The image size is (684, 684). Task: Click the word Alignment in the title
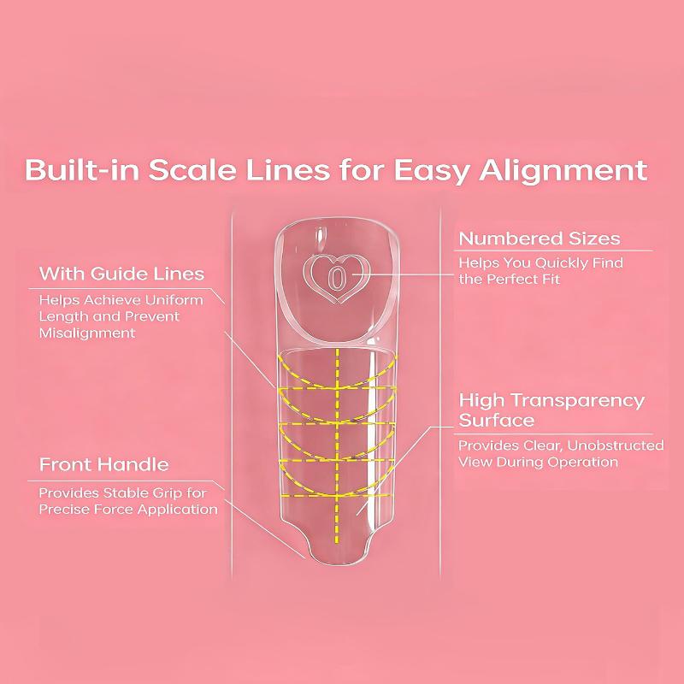point(563,170)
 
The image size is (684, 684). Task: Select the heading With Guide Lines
point(121,274)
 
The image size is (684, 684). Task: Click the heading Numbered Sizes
point(540,239)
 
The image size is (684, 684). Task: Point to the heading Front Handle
point(104,464)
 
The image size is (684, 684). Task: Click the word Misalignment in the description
point(87,333)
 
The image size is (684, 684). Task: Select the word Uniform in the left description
point(174,300)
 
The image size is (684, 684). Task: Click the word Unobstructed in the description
point(615,445)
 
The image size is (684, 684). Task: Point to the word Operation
point(588,463)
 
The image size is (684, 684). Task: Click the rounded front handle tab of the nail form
point(337,551)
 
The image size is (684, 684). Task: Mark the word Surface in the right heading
point(497,420)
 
